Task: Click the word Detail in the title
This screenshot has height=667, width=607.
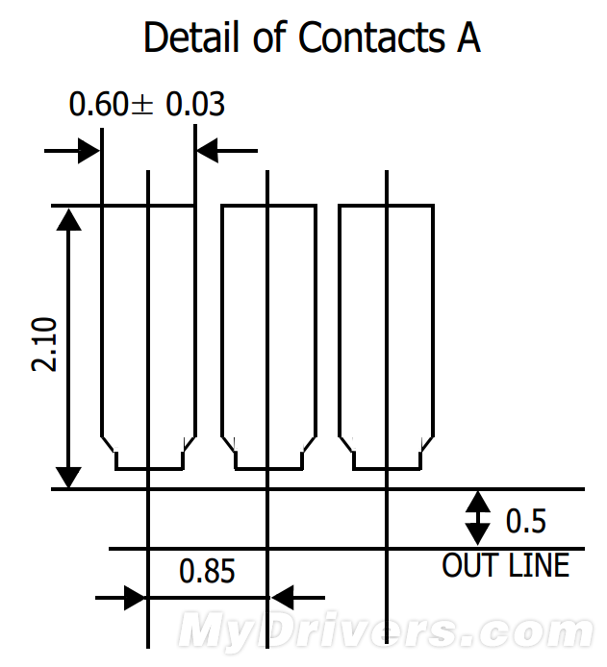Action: pos(191,37)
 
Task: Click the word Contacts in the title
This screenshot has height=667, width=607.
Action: pos(371,37)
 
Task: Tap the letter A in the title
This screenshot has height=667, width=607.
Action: pos(468,37)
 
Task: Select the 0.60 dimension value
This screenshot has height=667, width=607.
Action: pos(98,104)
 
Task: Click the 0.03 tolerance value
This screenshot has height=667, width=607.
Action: pos(195,104)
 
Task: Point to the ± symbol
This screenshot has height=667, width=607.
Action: pos(141,105)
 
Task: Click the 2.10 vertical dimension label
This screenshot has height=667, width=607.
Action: pos(44,345)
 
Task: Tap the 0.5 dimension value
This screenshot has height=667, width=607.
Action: pos(525,521)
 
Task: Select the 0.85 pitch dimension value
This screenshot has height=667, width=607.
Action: pos(207,571)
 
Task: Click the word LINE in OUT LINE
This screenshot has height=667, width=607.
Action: pos(539,565)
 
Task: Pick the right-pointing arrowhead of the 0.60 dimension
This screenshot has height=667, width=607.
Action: pos(89,151)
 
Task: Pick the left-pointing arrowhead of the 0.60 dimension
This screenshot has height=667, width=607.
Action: pos(208,151)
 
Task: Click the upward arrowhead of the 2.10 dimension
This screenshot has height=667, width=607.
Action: pos(68,219)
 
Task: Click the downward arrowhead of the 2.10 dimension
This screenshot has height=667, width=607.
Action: pos(68,478)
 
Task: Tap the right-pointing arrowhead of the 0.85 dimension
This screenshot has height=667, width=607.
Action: pos(135,598)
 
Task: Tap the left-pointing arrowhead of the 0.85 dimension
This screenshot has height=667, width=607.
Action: pos(283,598)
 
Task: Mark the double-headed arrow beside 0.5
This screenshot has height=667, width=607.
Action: pos(477,518)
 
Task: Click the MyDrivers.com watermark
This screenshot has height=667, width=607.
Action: pos(385,630)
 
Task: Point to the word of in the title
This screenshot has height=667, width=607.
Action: pos(269,37)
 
